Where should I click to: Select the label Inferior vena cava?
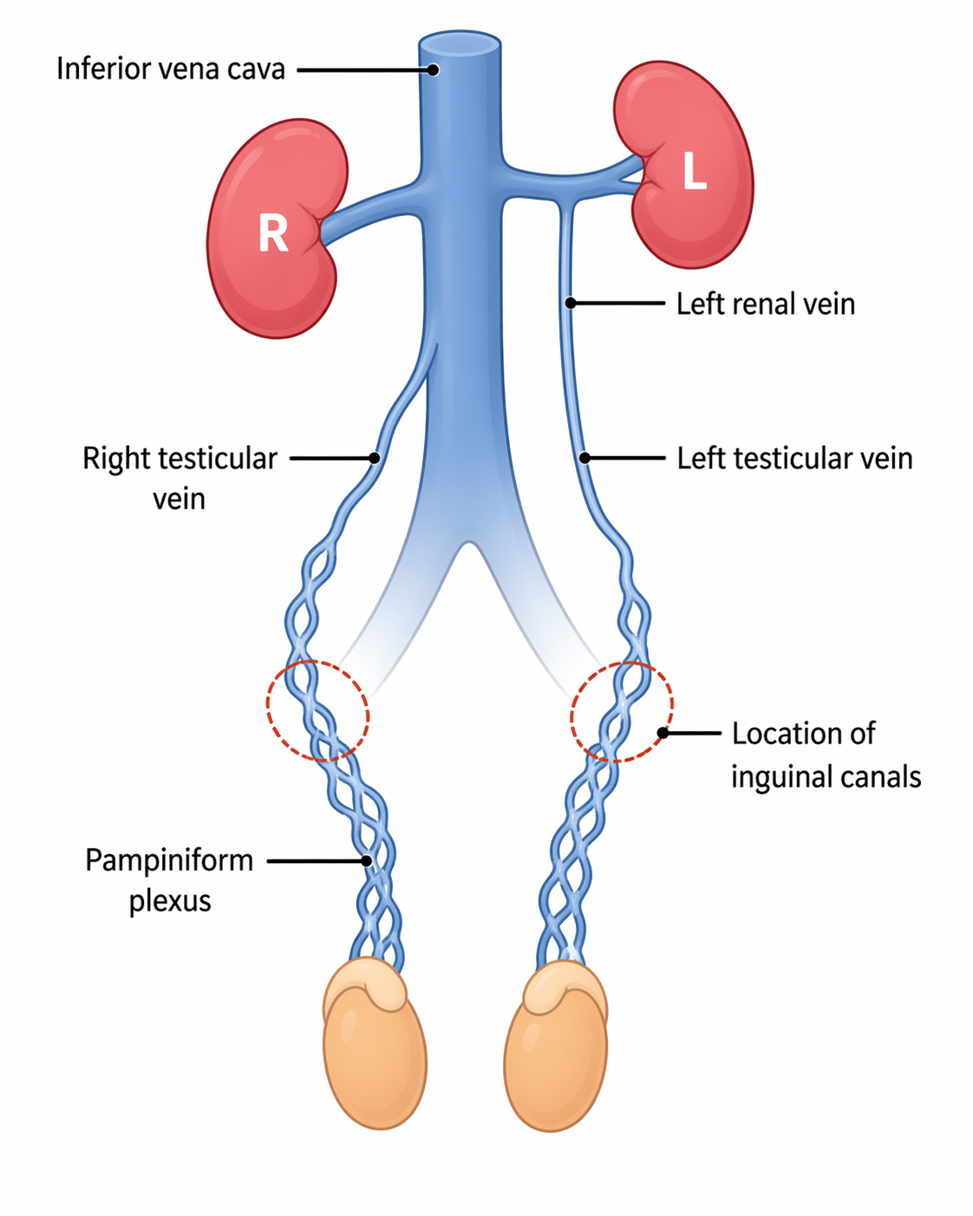(x=171, y=69)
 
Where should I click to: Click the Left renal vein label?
(x=766, y=304)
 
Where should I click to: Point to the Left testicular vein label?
(x=794, y=458)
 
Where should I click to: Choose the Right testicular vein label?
(x=180, y=477)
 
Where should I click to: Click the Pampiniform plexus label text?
(x=169, y=879)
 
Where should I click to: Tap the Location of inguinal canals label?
(x=825, y=755)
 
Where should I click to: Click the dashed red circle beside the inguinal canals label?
(x=621, y=712)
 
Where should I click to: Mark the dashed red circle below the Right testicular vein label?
(x=317, y=711)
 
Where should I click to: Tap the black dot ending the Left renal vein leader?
(x=570, y=303)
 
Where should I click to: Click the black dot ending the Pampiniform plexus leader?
(x=367, y=860)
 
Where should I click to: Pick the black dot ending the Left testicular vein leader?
(x=584, y=458)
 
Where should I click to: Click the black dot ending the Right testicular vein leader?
(x=375, y=457)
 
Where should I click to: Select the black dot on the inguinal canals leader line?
(x=663, y=733)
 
